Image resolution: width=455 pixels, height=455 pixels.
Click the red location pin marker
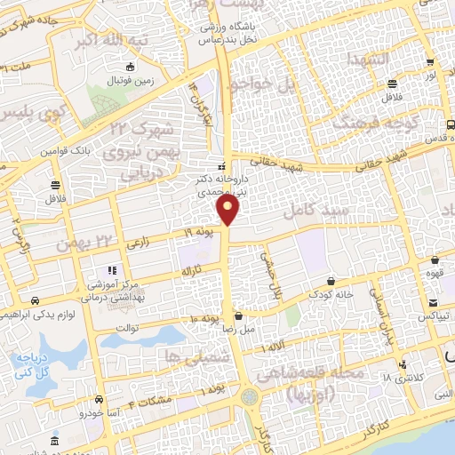click(x=228, y=210)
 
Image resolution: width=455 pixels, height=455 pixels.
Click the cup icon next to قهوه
click(x=435, y=260)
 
